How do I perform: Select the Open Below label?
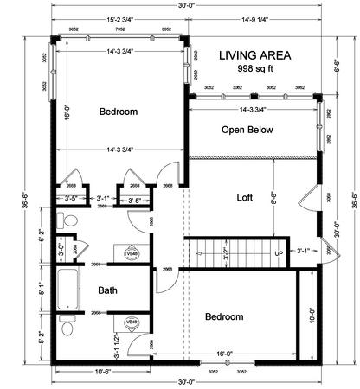point(247,131)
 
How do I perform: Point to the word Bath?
point(107,290)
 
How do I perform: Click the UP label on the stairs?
point(279,253)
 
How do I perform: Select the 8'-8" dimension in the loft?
point(273,207)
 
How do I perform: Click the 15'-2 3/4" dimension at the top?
point(119,16)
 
